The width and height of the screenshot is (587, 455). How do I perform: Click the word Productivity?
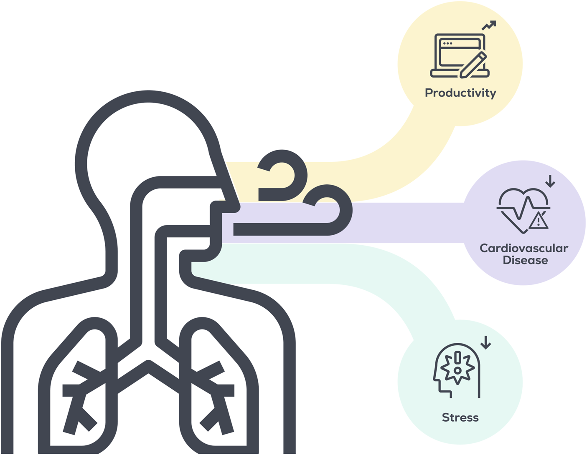pos(460,93)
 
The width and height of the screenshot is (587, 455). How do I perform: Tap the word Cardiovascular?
pos(524,248)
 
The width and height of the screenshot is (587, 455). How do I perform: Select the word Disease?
pos(525,260)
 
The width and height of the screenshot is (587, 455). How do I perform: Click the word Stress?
pos(460,417)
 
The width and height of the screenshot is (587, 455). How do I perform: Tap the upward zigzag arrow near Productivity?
pos(489,25)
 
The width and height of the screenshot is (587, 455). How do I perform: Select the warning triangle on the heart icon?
pos(539,221)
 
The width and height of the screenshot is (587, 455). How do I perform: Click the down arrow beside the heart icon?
pos(550,181)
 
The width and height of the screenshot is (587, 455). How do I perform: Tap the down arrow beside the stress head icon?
pos(485,342)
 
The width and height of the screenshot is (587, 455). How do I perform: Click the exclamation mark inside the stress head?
pos(457,357)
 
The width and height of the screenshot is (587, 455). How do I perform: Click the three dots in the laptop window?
pos(447,43)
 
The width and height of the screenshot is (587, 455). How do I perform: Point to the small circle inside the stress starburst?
pos(457,370)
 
